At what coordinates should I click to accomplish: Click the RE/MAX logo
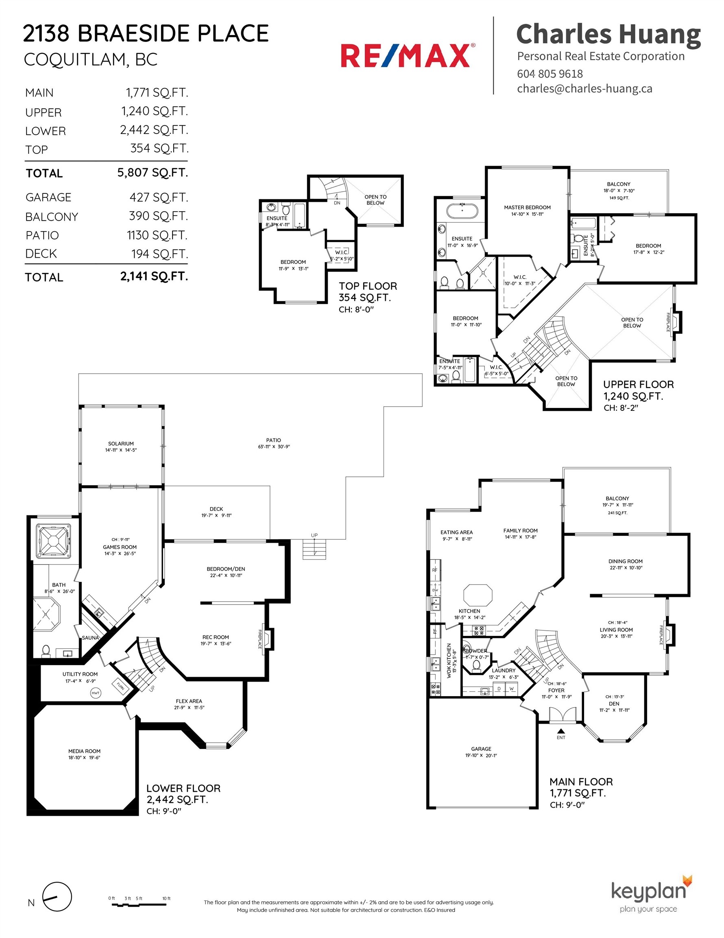click(408, 56)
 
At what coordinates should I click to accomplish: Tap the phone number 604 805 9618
click(550, 74)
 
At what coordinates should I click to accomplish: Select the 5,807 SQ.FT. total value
click(153, 173)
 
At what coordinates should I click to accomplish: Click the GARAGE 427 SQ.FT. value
click(158, 197)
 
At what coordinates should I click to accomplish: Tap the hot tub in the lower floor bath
click(53, 540)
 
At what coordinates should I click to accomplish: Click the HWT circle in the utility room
click(95, 693)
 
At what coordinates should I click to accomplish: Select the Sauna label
click(90, 638)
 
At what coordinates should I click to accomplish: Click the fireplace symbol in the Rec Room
click(268, 639)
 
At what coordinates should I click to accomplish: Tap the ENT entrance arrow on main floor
click(561, 732)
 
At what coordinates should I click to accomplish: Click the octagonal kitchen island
click(477, 595)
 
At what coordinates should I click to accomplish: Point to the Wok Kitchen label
click(451, 661)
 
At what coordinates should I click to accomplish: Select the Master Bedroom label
click(527, 210)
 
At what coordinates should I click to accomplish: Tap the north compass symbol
click(57, 897)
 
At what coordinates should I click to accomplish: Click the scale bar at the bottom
click(139, 904)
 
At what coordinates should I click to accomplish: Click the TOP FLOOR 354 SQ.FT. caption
click(367, 291)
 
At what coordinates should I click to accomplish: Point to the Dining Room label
click(625, 564)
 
